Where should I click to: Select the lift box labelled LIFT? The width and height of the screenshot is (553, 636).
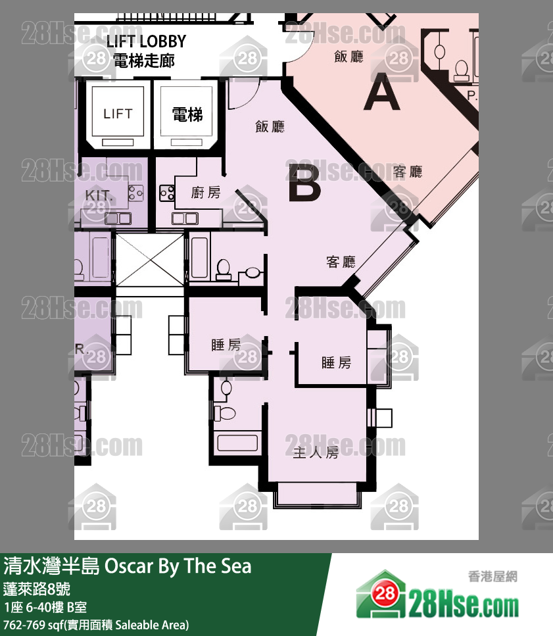tap(118, 114)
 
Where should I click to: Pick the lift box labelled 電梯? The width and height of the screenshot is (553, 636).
tap(187, 114)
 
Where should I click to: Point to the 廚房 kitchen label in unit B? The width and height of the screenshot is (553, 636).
tap(205, 193)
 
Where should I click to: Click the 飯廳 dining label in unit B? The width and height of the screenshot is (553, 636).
tap(270, 127)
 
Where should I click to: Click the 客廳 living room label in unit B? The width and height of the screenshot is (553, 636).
tap(341, 262)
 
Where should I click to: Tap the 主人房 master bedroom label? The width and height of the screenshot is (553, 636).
tap(316, 453)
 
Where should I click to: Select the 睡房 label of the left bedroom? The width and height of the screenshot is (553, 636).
tap(226, 345)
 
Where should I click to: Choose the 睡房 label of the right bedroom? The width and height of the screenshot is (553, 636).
tap(336, 362)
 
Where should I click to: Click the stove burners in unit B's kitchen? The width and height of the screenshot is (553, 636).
tap(166, 193)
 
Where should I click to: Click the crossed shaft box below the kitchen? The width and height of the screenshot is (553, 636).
tap(149, 259)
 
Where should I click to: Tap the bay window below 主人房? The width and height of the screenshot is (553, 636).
tap(317, 494)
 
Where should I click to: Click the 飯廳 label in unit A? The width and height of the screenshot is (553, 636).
tap(349, 57)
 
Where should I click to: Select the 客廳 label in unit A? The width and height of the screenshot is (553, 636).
tap(407, 172)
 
